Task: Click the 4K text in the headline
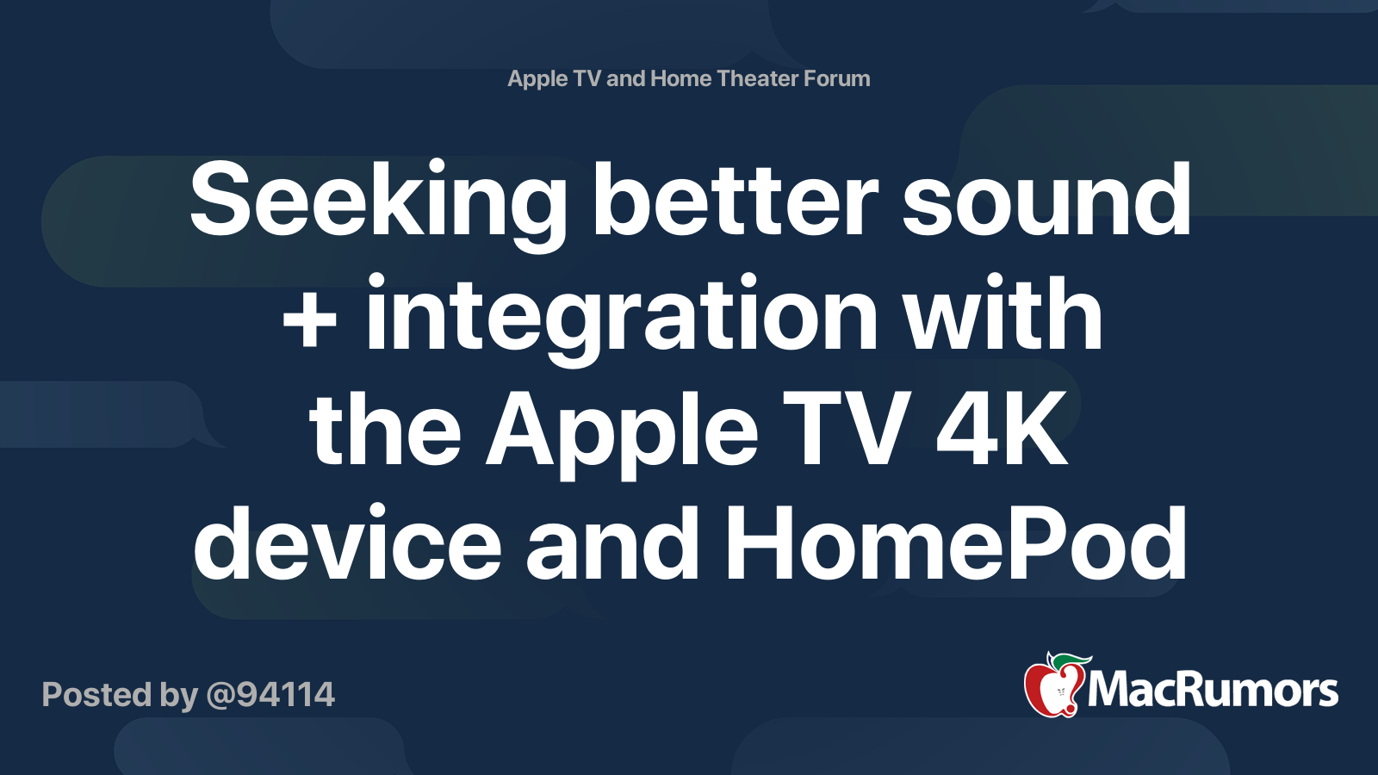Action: point(1002,429)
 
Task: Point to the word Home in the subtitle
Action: point(680,78)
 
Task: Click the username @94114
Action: point(270,695)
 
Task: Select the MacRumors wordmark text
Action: point(1213,691)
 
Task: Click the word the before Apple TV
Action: point(385,429)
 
